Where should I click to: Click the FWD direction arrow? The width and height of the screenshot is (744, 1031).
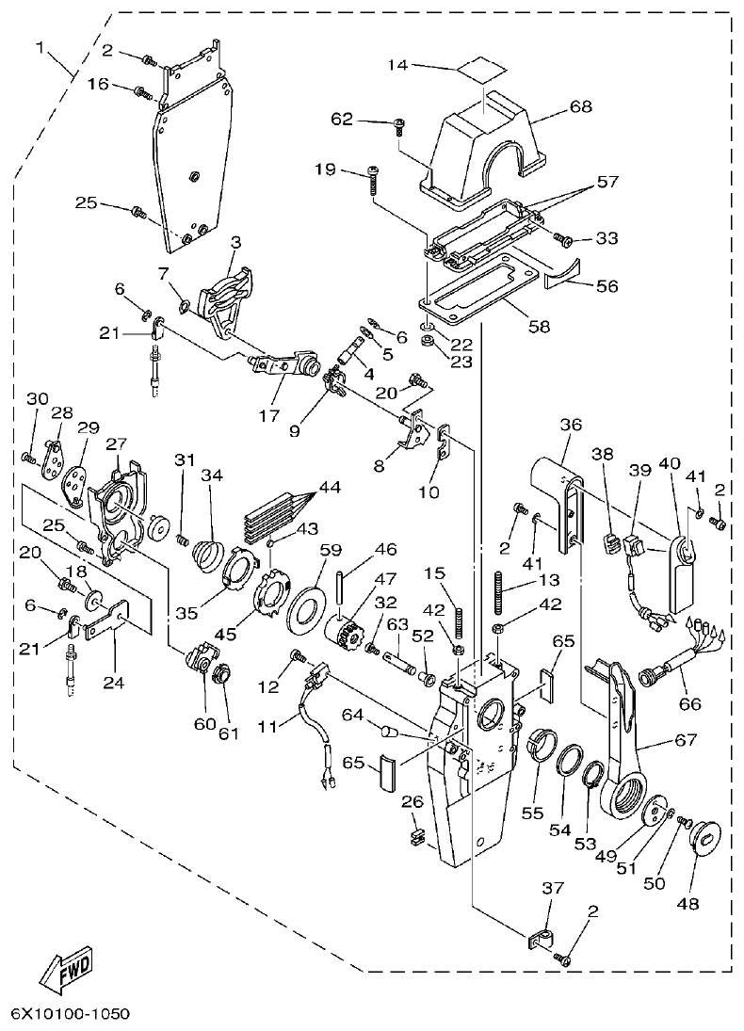(63, 969)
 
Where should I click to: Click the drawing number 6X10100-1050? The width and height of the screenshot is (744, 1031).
(71, 1014)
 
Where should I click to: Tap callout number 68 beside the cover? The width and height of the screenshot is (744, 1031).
(580, 106)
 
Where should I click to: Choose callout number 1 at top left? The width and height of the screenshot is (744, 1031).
(40, 46)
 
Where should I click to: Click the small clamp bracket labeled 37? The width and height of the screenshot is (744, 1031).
(541, 937)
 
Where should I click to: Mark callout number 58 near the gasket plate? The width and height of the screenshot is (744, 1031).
(540, 327)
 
